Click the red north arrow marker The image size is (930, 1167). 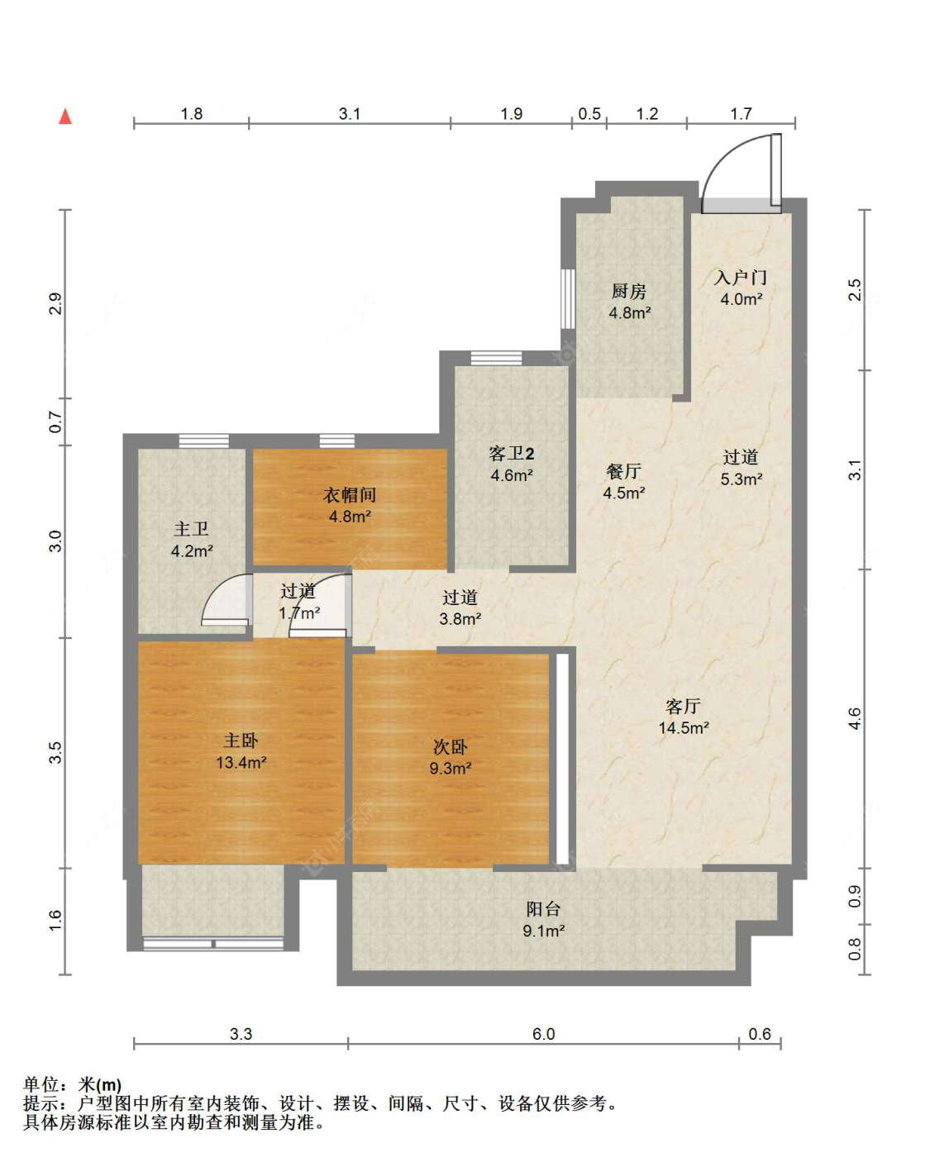point(65,116)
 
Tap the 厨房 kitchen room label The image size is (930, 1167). point(629,291)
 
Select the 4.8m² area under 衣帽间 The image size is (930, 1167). point(350,516)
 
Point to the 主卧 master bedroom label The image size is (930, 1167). point(241,741)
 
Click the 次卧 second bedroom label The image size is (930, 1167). point(450,746)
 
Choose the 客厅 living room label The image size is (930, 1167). point(683,706)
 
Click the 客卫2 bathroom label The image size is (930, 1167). point(511,453)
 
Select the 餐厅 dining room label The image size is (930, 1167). point(623,471)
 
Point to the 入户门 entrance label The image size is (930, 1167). point(741,277)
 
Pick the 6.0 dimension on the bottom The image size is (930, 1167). point(543,1034)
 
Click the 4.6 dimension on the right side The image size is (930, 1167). point(855,718)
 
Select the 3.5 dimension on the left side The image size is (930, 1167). point(55,753)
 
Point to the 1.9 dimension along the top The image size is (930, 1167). point(511,114)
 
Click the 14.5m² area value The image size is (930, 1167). point(684,728)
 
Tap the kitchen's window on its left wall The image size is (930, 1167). point(568,299)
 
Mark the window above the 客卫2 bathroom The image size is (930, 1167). point(496,358)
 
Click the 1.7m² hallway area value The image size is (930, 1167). point(299,613)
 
